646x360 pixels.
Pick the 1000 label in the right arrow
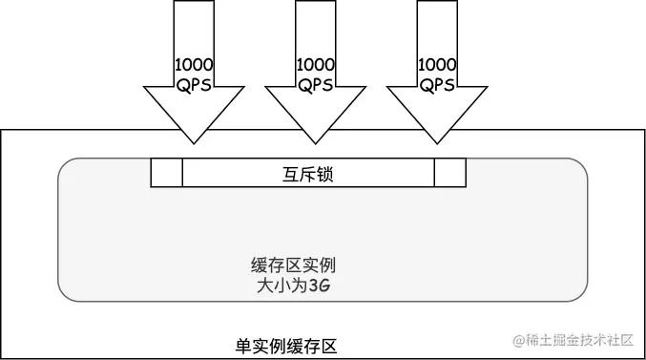[x=437, y=65]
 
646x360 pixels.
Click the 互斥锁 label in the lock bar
[x=308, y=175]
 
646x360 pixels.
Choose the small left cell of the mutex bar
[x=166, y=173]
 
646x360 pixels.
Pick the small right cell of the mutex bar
[x=449, y=173]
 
